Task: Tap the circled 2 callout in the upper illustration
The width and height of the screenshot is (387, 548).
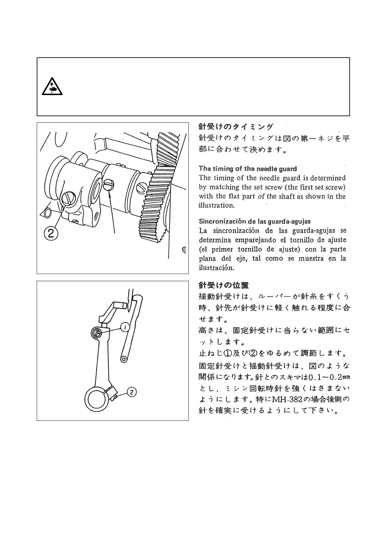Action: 51,233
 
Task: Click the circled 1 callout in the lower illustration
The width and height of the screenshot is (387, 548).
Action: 125,327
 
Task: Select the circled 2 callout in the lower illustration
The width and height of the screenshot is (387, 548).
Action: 132,392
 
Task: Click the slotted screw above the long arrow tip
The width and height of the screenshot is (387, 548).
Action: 109,187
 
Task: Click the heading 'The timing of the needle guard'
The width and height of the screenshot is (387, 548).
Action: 248,169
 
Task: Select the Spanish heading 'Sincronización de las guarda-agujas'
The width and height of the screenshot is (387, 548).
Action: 254,222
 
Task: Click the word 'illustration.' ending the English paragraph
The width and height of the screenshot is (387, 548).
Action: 216,205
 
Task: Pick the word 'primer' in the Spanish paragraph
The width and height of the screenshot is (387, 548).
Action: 222,249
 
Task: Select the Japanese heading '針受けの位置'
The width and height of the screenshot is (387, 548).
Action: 224,285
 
